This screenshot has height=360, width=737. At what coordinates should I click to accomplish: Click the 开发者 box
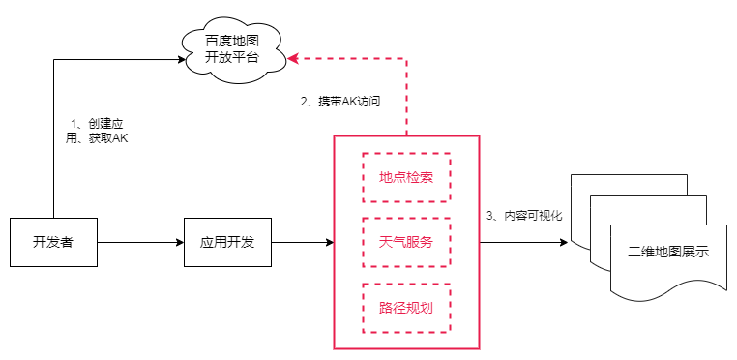pyautogui.click(x=53, y=242)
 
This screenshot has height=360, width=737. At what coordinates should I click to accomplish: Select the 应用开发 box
pyautogui.click(x=227, y=242)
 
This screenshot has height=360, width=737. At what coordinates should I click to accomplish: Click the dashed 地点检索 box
pyautogui.click(x=406, y=177)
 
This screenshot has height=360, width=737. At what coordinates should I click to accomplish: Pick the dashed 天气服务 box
pyautogui.click(x=406, y=242)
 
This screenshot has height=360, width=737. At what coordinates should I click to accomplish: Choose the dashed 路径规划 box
pyautogui.click(x=406, y=308)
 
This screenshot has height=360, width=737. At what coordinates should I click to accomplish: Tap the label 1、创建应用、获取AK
pyautogui.click(x=98, y=131)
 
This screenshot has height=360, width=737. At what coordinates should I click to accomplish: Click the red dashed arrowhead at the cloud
pyautogui.click(x=294, y=59)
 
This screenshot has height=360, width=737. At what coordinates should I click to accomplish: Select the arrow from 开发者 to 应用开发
pyautogui.click(x=140, y=242)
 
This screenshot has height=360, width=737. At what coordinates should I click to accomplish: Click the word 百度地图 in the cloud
pyautogui.click(x=233, y=41)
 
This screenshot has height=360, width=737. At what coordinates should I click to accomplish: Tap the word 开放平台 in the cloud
pyautogui.click(x=233, y=58)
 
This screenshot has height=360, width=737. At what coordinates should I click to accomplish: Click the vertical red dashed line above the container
pyautogui.click(x=406, y=97)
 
